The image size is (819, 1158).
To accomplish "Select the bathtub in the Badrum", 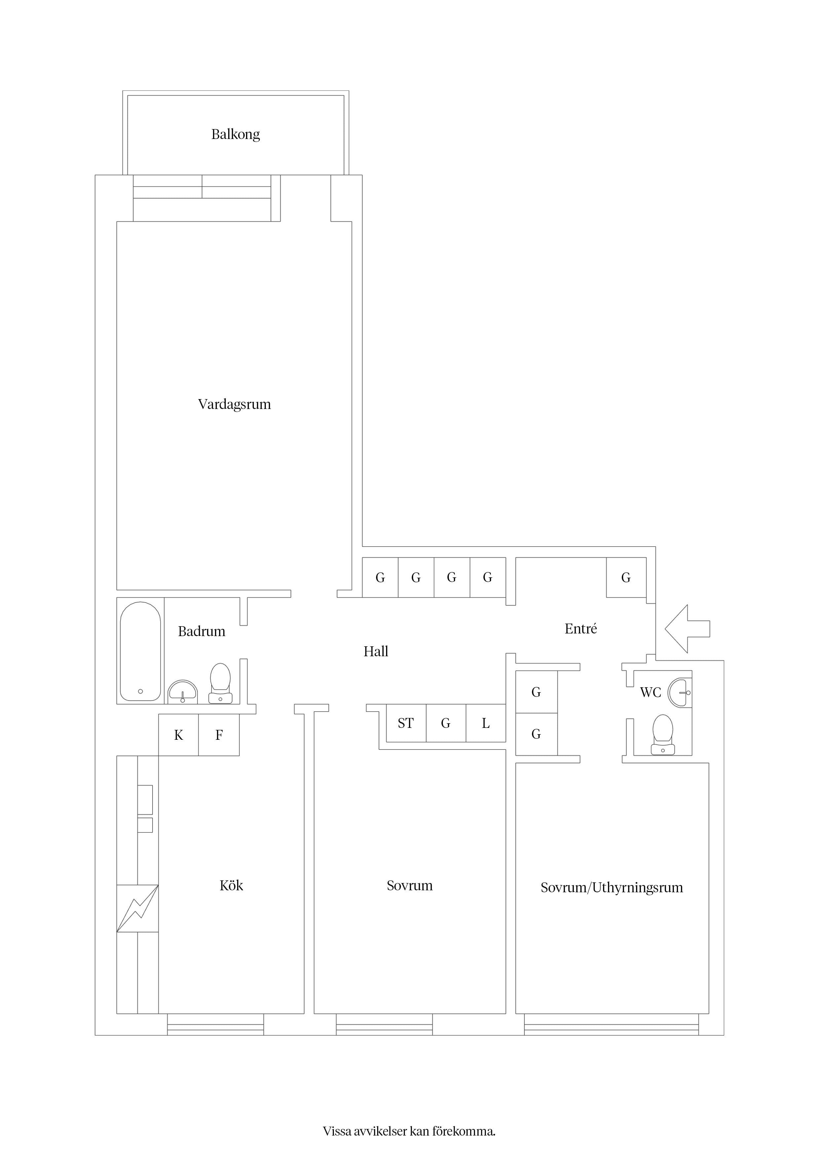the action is click(x=140, y=651).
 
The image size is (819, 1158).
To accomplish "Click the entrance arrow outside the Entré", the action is click(x=687, y=629).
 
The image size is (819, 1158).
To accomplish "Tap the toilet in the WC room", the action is click(x=662, y=735).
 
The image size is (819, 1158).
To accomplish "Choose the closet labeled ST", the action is click(x=406, y=723).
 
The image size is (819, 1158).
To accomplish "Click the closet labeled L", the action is click(x=486, y=723).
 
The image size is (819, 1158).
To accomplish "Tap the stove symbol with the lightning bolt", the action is click(x=138, y=908).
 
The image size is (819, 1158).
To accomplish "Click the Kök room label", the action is click(x=231, y=886).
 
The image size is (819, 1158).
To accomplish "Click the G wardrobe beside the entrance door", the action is click(x=626, y=577).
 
